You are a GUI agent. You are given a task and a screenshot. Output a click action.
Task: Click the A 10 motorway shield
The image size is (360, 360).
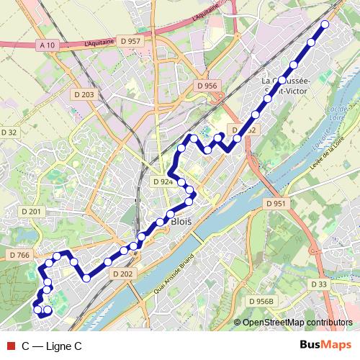point(48,45)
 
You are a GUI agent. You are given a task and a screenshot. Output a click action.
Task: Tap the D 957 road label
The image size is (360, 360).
point(132,42)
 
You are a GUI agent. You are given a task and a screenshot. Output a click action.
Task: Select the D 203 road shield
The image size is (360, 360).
point(84,94)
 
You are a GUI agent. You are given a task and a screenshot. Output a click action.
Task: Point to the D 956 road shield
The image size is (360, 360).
point(207,86)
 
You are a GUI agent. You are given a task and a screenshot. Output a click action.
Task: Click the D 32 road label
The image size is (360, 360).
point(9,132)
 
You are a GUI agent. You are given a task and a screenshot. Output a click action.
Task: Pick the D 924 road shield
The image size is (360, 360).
point(163,182)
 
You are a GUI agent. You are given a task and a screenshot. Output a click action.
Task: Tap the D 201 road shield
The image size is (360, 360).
point(32,211)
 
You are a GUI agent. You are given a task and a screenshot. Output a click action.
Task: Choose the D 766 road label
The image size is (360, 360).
point(19,256)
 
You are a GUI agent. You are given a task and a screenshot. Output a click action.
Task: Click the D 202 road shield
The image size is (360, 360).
point(123,274)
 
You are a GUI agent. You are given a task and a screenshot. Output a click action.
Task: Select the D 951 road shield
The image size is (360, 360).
point(276,204)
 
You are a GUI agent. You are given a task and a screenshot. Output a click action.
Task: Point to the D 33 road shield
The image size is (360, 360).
point(319,284)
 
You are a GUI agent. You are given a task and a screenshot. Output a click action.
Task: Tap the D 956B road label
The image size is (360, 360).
point(261,301)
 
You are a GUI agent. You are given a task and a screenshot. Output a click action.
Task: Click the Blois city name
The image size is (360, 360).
point(181,222)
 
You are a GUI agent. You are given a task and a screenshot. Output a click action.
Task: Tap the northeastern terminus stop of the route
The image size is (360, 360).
point(325,24)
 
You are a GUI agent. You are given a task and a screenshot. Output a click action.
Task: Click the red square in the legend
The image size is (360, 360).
point(9,346)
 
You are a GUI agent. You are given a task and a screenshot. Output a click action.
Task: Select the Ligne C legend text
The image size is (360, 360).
point(52,346)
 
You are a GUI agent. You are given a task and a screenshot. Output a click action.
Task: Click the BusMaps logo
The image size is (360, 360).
point(325,346)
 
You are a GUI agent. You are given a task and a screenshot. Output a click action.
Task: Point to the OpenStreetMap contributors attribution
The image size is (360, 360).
point(297,323)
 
